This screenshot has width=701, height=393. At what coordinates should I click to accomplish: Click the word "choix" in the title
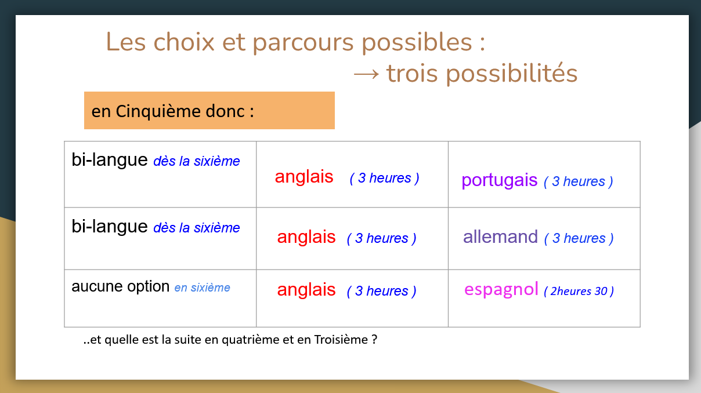coord(184,42)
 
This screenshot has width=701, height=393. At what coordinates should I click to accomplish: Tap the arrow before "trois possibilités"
coord(366,74)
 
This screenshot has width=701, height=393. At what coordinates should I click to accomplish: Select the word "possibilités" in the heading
coord(512,74)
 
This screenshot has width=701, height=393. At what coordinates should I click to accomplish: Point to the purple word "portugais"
coord(499,180)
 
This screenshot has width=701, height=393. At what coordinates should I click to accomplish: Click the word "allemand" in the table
coord(500,236)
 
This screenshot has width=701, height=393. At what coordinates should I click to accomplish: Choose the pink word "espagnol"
coord(501,289)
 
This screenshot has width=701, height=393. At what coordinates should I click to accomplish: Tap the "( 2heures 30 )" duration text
coord(579,291)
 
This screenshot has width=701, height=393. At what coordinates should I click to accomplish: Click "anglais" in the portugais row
coord(304,177)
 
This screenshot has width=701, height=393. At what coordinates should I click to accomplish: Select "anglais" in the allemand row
coord(306,237)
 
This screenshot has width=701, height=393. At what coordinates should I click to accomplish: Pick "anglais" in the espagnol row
coord(306,290)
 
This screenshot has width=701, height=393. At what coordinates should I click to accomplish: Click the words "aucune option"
coord(121,286)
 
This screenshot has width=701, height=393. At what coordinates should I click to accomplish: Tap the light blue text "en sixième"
coord(202,288)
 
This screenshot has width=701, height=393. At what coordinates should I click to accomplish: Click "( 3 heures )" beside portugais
coord(579,181)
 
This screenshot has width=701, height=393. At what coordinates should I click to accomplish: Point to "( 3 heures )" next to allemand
coord(579,239)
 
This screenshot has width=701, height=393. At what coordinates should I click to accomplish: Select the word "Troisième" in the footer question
coord(341,340)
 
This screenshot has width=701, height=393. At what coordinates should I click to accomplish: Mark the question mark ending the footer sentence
coord(375,340)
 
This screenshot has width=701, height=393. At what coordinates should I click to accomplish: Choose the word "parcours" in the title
coord(303,43)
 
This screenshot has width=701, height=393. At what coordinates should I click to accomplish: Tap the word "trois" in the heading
coord(412,74)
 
